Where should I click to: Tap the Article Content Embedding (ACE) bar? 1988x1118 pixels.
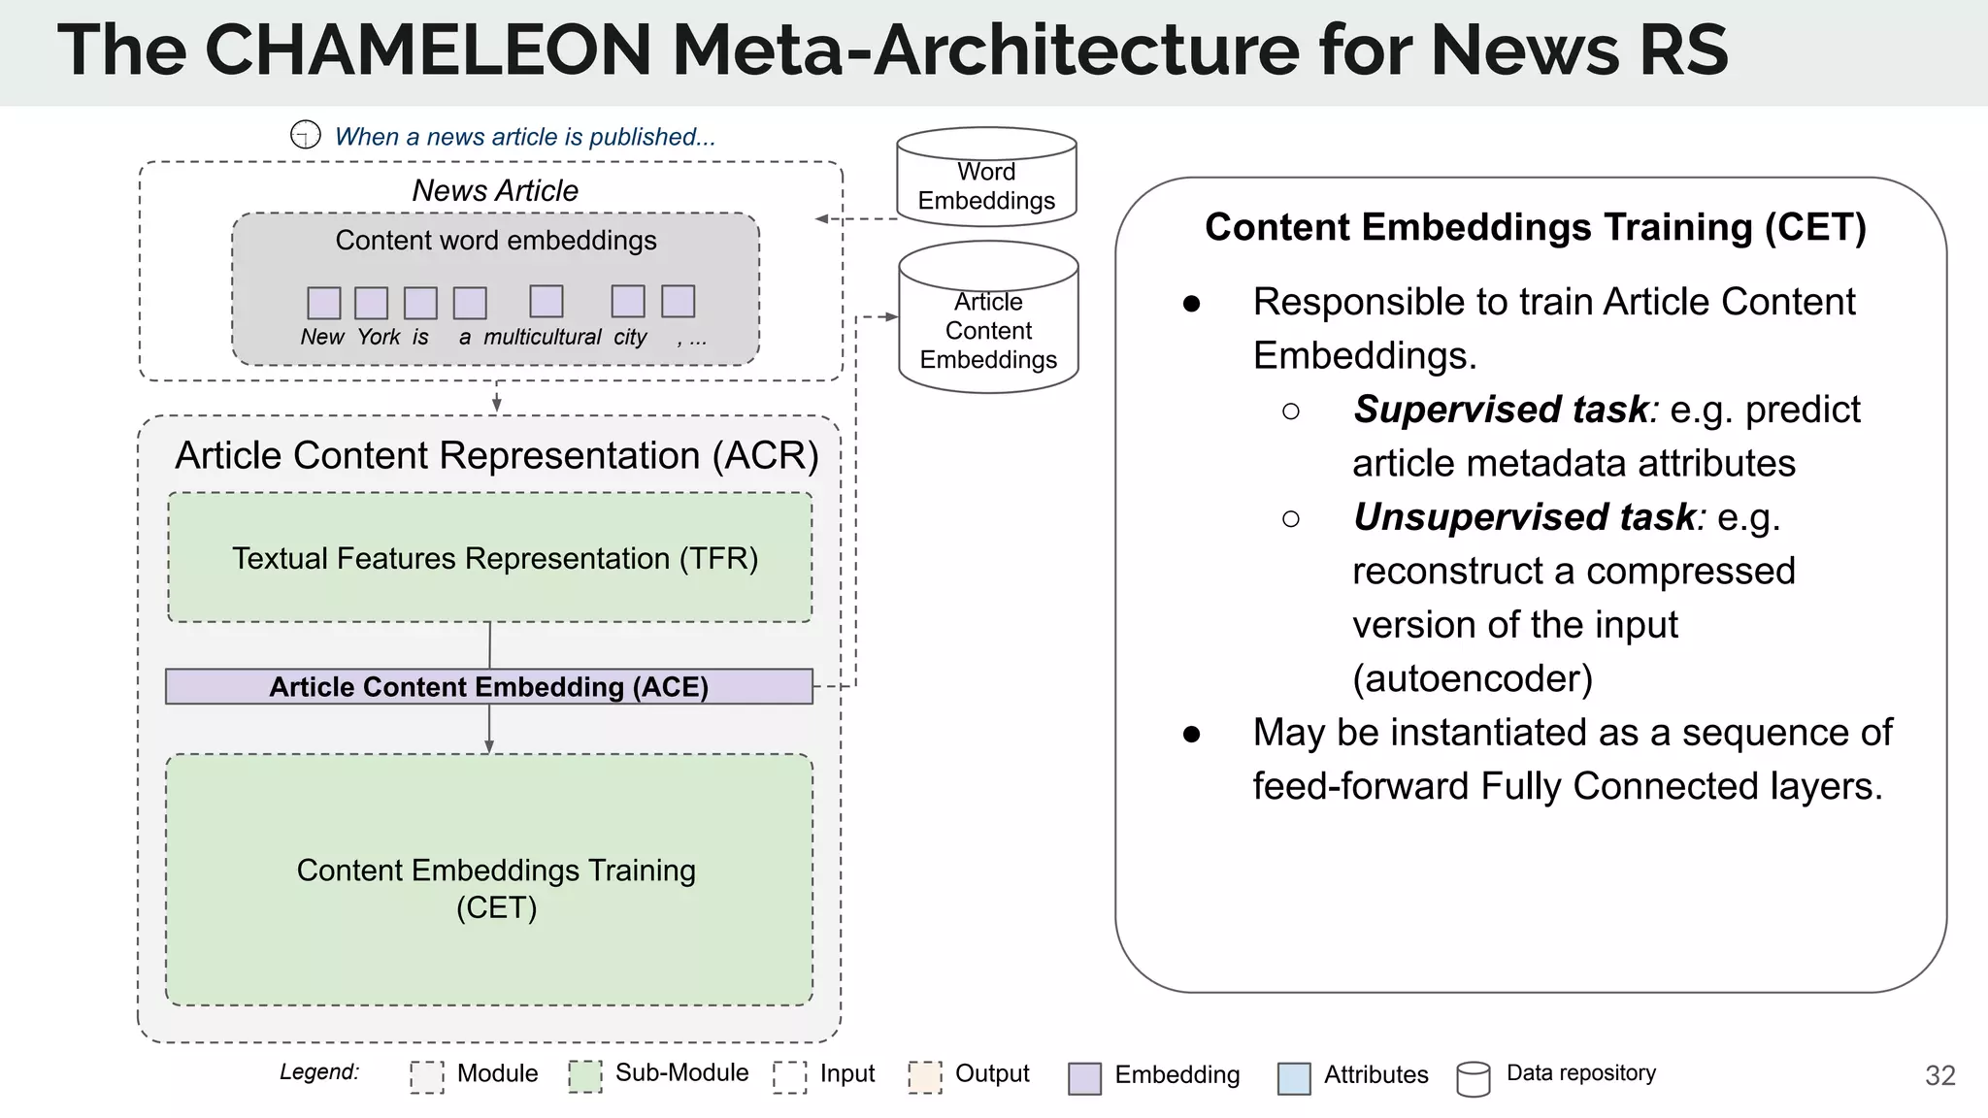tap(488, 686)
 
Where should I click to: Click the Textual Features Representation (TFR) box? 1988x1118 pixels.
tap(490, 558)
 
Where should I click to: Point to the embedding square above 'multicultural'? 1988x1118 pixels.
tap(547, 301)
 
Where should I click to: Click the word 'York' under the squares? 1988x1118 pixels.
tap(379, 337)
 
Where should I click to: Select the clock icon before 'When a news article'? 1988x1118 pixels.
tap(306, 134)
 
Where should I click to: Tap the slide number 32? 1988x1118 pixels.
tap(1939, 1075)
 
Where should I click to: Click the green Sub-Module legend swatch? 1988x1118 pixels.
tap(585, 1075)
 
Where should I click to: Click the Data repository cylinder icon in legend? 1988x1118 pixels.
tap(1474, 1078)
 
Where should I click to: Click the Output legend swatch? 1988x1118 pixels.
tap(925, 1076)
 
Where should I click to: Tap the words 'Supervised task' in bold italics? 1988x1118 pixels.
tap(1501, 410)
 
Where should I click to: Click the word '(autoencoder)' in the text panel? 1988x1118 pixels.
tap(1473, 678)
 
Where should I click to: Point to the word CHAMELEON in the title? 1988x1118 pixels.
tap(428, 50)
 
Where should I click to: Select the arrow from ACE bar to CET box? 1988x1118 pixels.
tap(489, 730)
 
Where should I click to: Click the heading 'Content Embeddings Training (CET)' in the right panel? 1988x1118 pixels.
tap(1535, 227)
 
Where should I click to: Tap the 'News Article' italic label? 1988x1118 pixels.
tap(495, 190)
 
